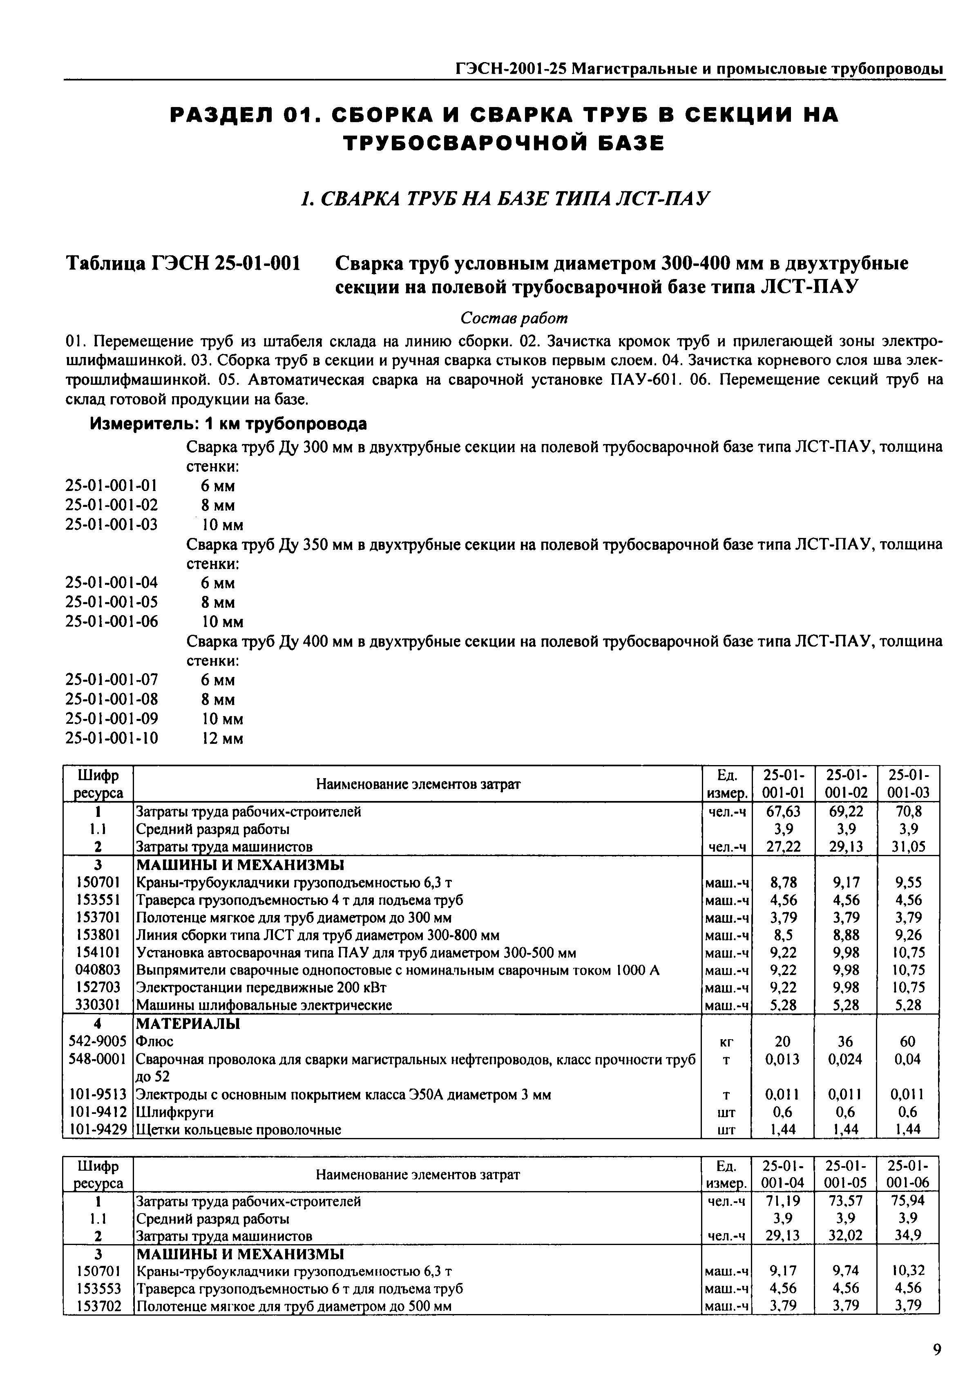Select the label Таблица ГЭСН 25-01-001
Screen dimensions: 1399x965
(x=183, y=263)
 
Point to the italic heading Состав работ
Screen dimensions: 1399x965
(x=514, y=317)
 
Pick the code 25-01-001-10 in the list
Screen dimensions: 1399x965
(x=112, y=738)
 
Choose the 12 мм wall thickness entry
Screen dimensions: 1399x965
(x=222, y=738)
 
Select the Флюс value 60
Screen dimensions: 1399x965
(x=907, y=1041)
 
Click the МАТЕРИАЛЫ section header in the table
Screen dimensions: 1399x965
(x=188, y=1024)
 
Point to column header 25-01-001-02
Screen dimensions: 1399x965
(x=845, y=783)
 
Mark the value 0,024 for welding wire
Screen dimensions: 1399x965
(x=845, y=1059)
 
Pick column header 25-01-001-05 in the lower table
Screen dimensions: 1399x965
(x=845, y=1174)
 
